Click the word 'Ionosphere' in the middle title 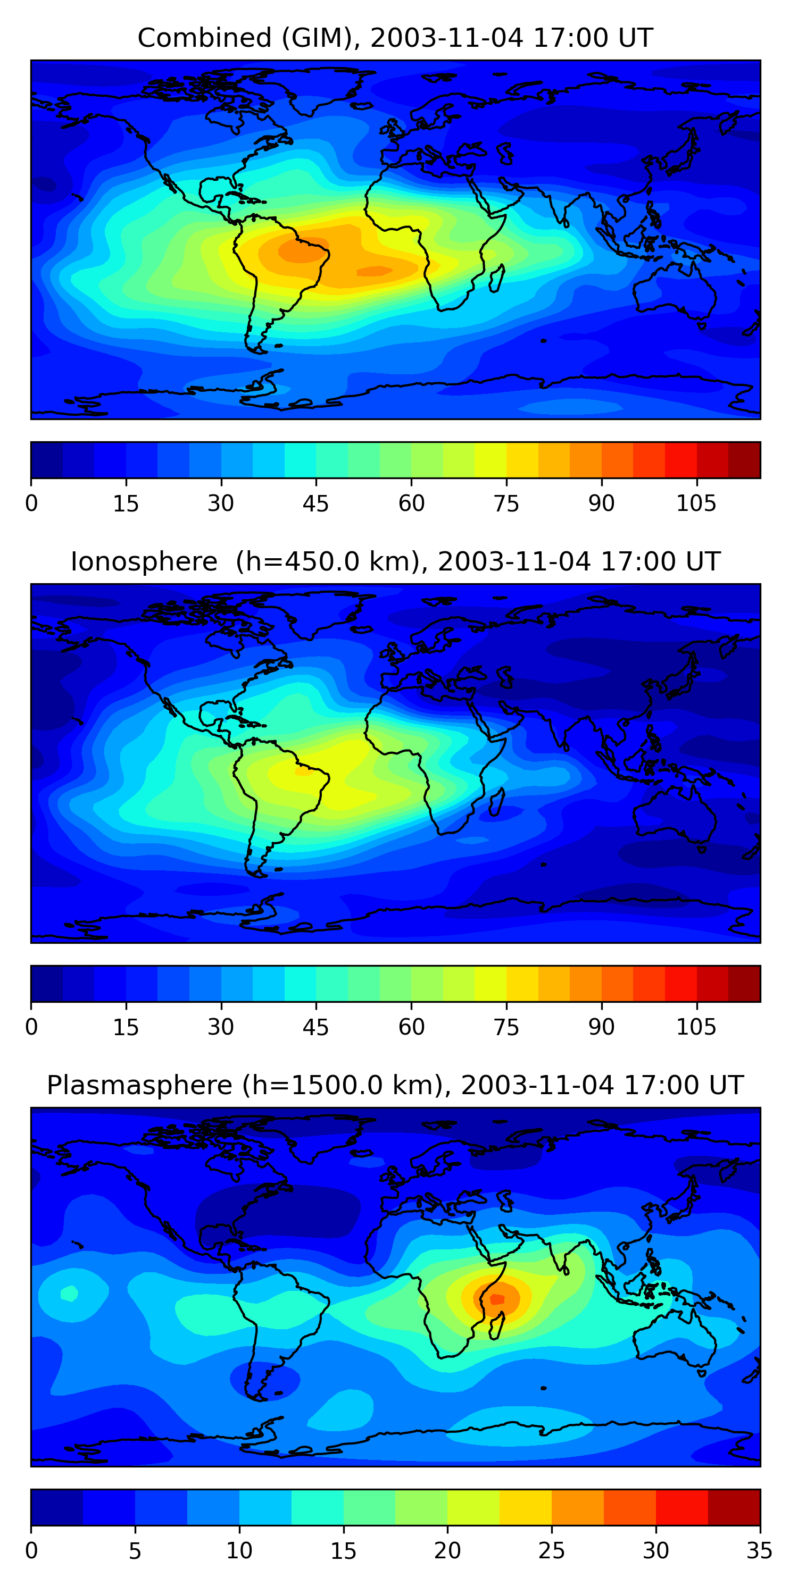coord(144,561)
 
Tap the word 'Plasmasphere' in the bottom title coord(139,1086)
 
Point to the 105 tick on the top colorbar coord(696,503)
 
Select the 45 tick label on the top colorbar coord(316,503)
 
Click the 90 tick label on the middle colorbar coord(601,1027)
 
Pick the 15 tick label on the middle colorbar coord(126,1027)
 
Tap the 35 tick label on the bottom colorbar coord(759,1551)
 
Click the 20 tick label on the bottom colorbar coord(447,1551)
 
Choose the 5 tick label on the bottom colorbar coord(135,1551)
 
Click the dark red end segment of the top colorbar coord(744,460)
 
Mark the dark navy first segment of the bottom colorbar coord(57,1507)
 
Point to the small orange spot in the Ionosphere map coord(304,772)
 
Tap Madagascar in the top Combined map coord(497,279)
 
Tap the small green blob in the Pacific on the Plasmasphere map coord(69,1293)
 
